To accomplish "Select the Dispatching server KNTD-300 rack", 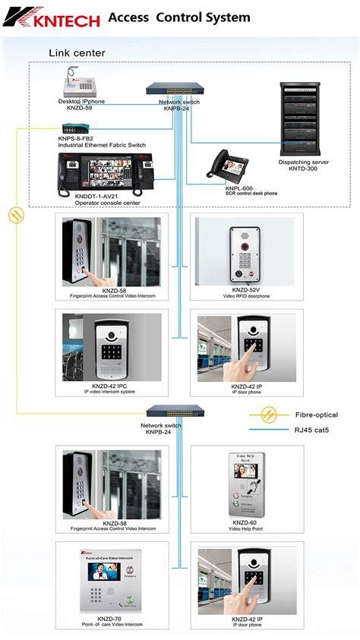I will tap(302, 118).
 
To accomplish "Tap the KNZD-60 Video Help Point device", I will tap(246, 482).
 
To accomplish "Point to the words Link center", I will tap(77, 52).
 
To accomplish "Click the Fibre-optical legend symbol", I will tap(267, 415).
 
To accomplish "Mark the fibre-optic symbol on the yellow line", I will tap(14, 215).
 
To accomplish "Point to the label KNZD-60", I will tap(246, 522).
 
